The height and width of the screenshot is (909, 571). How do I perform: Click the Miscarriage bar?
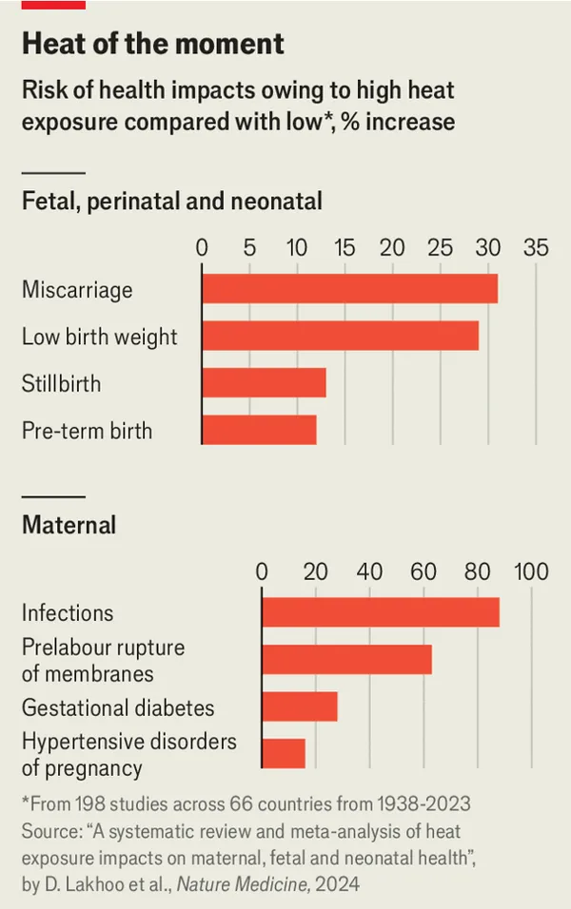(x=349, y=288)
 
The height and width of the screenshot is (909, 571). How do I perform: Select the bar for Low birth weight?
(x=340, y=336)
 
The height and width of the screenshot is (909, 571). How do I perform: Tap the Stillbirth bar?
(x=264, y=382)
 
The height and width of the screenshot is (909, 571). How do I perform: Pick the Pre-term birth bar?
(x=259, y=430)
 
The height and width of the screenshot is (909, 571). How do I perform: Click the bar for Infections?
(x=381, y=611)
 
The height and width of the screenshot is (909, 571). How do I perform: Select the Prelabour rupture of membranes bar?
(x=346, y=659)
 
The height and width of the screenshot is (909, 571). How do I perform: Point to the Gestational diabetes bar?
(x=300, y=706)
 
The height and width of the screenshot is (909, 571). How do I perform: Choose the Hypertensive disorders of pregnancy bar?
(x=284, y=753)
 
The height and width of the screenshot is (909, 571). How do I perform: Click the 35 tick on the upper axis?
(x=536, y=248)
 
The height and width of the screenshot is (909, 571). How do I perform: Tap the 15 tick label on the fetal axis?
(x=345, y=248)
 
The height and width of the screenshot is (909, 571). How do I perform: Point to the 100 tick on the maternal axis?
(x=531, y=571)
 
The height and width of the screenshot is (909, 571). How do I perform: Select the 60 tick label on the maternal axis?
(x=423, y=571)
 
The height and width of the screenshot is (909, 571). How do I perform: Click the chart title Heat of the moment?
(x=153, y=43)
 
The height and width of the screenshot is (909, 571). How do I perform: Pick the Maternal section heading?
(x=69, y=524)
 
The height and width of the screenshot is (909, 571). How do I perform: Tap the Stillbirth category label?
(x=61, y=383)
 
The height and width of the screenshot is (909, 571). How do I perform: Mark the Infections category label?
(x=68, y=612)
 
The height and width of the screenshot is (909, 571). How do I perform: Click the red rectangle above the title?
(x=53, y=5)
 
